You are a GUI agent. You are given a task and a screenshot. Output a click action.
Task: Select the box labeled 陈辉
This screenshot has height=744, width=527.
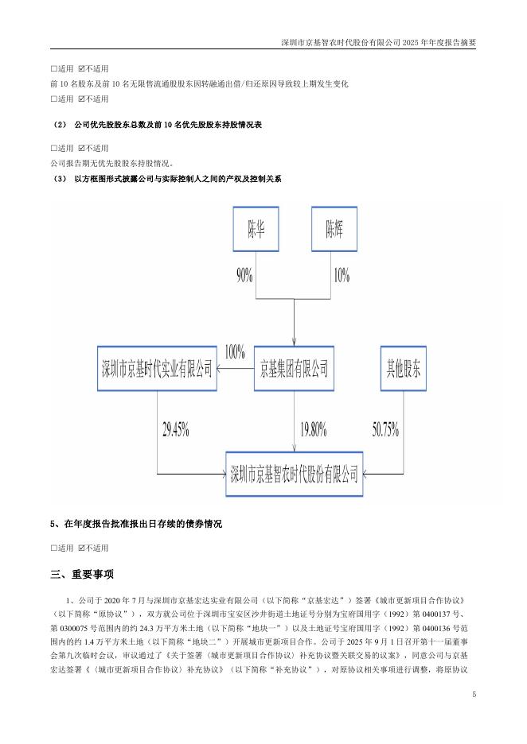[334, 232]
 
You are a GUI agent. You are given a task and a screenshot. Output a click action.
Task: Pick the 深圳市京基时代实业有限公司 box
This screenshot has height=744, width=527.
[157, 368]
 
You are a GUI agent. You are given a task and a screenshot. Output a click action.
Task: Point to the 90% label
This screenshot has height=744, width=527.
[244, 275]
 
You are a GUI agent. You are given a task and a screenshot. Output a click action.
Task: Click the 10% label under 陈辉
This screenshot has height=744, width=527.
[341, 275]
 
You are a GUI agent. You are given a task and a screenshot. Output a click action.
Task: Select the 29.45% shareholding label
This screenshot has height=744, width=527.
[175, 430]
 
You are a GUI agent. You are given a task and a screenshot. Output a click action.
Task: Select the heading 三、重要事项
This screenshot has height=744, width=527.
[82, 574]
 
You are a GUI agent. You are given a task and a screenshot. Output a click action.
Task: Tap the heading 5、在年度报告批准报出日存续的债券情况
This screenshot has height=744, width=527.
[136, 525]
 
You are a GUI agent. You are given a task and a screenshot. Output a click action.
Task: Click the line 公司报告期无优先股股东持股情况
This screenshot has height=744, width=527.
[111, 164]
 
